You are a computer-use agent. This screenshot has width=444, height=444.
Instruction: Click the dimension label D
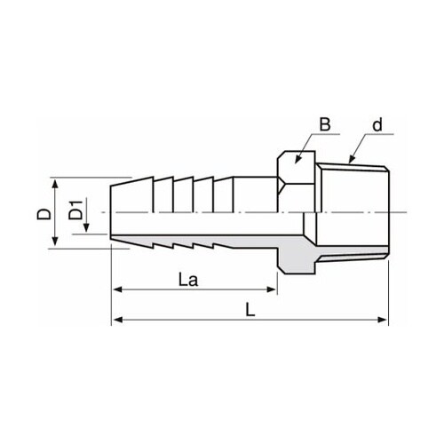click(x=40, y=214)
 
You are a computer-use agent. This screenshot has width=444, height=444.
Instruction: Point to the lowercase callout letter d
click(x=377, y=126)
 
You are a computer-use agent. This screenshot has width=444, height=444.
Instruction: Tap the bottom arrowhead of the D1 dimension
click(x=87, y=232)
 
